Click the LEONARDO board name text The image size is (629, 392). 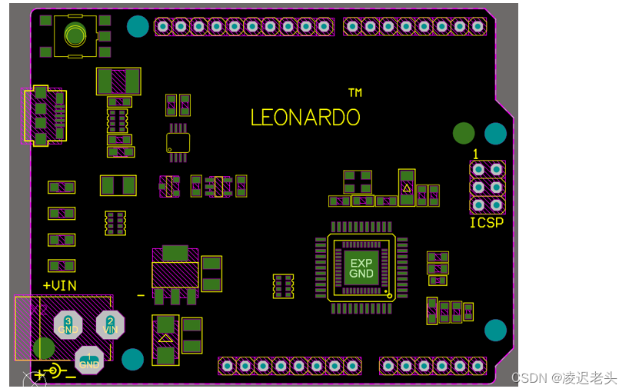pos(305,118)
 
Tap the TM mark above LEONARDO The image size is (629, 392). pos(354,93)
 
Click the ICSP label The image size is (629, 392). pos(487,223)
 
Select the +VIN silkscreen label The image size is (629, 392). pos(59,285)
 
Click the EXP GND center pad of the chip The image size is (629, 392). pos(361,268)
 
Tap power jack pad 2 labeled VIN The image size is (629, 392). pos(110,324)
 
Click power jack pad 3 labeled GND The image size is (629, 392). pos(68,324)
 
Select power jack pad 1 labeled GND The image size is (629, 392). pos(89,360)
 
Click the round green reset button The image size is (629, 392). pos(75,35)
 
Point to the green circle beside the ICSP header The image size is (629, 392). pos(464,133)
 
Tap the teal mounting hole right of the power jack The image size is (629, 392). pos(132,359)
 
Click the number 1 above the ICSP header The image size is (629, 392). pos(476,154)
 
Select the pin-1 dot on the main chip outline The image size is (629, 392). pos(389,295)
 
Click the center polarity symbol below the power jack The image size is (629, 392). pos(54,372)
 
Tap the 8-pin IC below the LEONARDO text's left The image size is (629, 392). pos(178,142)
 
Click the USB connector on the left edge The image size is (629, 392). pos(44,115)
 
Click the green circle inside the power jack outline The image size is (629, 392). pos(44,348)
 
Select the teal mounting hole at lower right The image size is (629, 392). pos(495,331)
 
